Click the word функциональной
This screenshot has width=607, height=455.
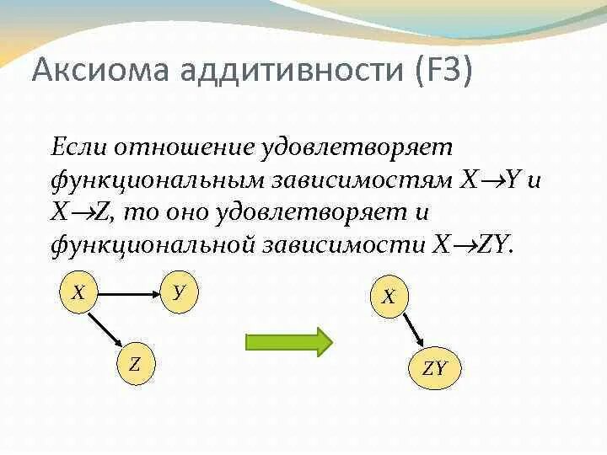(x=153, y=245)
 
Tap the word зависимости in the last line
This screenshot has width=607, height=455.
(x=346, y=245)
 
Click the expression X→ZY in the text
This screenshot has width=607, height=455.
(x=472, y=245)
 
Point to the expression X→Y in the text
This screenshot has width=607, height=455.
(x=494, y=179)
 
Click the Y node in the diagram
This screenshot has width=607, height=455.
(x=179, y=293)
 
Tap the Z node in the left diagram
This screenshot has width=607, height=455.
(x=135, y=365)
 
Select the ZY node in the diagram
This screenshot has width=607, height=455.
(x=434, y=368)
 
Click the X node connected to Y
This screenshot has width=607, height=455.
(x=78, y=293)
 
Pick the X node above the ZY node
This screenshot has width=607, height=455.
(x=389, y=297)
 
